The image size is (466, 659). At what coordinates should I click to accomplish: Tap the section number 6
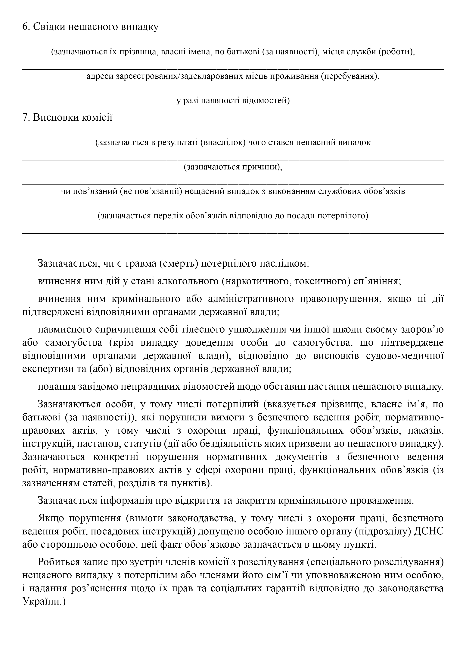[25, 27]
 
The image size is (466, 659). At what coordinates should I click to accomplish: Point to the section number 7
[25, 117]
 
